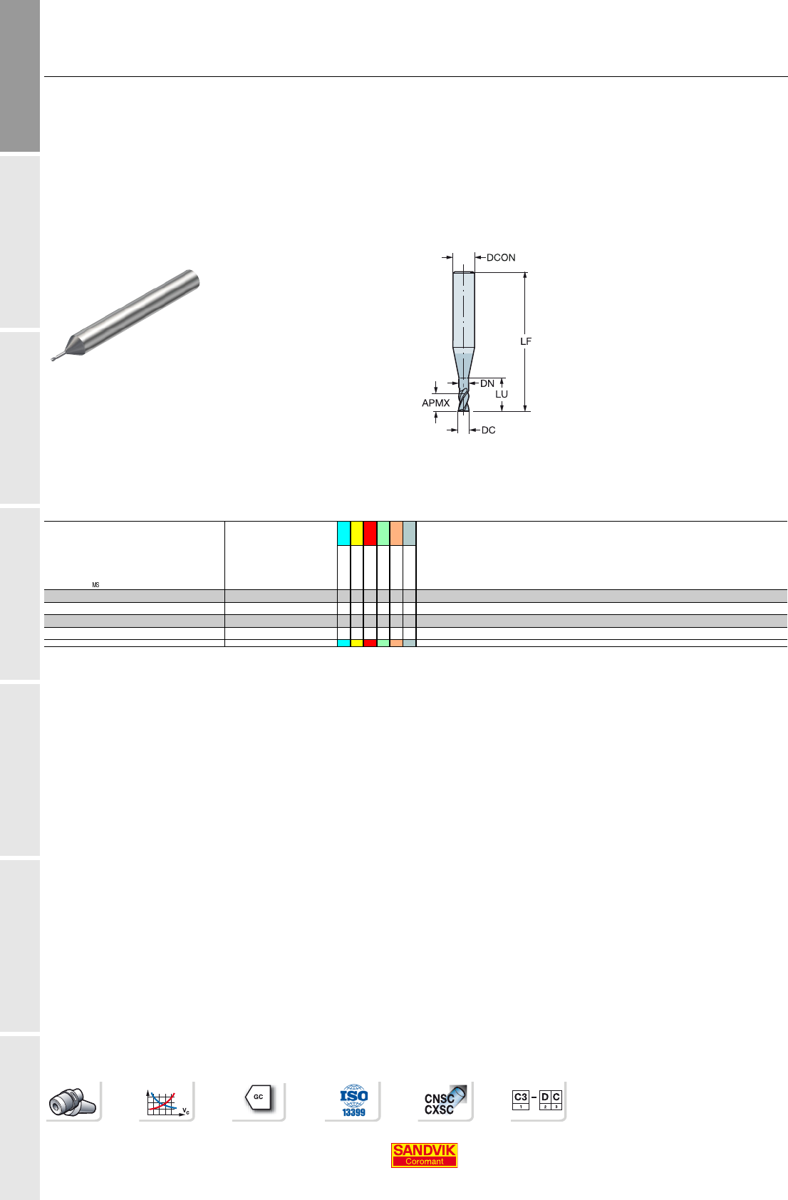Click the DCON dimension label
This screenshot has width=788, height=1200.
click(x=501, y=258)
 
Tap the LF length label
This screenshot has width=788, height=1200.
click(x=526, y=341)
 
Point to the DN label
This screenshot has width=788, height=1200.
click(x=487, y=383)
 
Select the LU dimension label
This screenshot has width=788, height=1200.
click(x=502, y=394)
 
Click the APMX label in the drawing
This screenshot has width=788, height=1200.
click(x=435, y=403)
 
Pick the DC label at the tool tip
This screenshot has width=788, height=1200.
click(x=489, y=430)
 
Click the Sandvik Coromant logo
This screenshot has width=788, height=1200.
click(x=424, y=1155)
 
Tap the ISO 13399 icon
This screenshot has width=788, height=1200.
click(x=353, y=1101)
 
